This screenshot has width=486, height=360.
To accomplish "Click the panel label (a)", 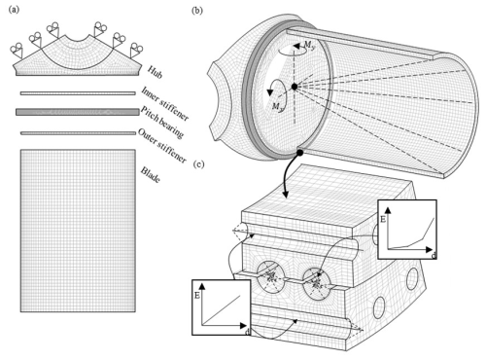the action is tap(14, 10).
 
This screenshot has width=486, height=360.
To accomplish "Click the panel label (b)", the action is tap(197, 11).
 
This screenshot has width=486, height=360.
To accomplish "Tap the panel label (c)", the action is tap(198, 164).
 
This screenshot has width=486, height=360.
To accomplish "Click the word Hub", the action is tap(155, 72).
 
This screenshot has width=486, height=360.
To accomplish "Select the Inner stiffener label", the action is tap(164, 104).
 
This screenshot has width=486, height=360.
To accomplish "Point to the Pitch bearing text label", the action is tap(162, 123).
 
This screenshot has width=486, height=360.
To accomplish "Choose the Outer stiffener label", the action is tap(162, 146).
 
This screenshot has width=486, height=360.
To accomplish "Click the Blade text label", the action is tap(150, 175).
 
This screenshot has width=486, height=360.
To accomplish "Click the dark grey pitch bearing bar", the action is tap(78, 112).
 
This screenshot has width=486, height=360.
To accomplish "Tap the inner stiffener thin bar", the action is tap(78, 93).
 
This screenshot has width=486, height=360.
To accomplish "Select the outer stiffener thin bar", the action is tap(78, 133).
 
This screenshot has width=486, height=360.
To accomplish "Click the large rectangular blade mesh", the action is tap(78, 231).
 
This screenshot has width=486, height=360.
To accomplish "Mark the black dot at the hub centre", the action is tap(295, 87).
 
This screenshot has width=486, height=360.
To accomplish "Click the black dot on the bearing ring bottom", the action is tap(300, 152).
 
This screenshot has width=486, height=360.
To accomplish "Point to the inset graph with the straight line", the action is tap(222, 307).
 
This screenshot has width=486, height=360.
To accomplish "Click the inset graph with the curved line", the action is tap(407, 230).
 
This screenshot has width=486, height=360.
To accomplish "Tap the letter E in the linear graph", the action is tap(197, 296).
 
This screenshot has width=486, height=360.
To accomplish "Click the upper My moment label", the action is tap(309, 46).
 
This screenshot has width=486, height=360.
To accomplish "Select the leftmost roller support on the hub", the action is tap(17, 51).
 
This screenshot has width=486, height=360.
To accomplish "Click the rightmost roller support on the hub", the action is tap(136, 51).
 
